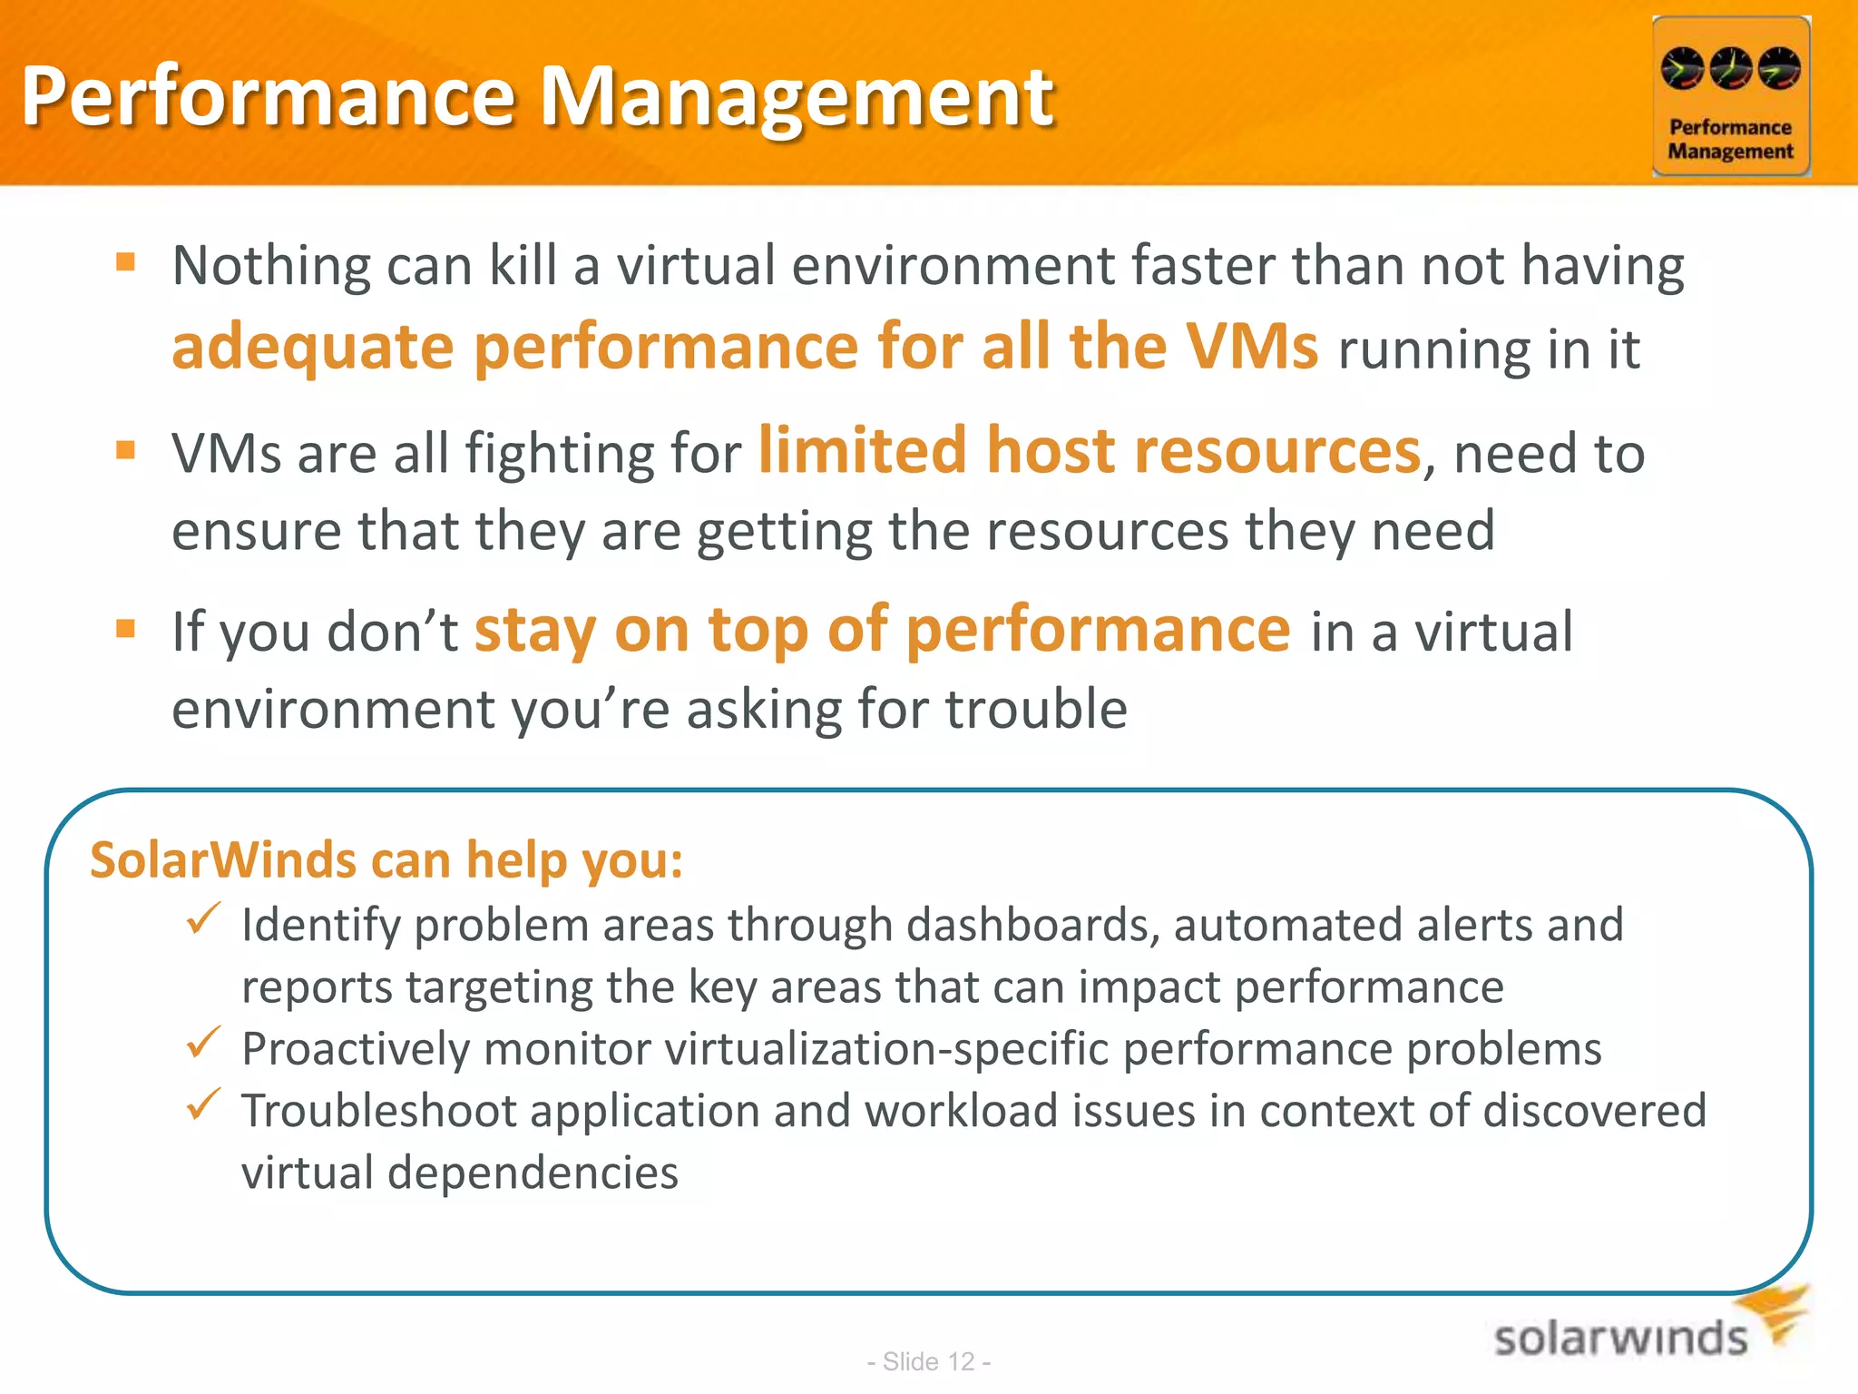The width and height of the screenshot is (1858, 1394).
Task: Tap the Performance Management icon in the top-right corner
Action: click(1730, 96)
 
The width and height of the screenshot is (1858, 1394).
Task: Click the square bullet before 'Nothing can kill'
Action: click(126, 263)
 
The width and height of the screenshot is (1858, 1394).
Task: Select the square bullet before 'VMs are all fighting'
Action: click(126, 450)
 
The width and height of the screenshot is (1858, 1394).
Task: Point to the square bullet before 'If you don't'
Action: click(126, 628)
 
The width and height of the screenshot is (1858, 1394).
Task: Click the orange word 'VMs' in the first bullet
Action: click(1252, 347)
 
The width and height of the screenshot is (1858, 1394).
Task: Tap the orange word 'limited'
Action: click(862, 450)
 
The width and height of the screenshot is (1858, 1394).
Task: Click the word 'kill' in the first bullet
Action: click(523, 266)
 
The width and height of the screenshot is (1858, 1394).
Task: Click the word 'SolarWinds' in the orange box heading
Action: click(223, 860)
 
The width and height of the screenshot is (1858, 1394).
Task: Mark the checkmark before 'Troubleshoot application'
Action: click(203, 1104)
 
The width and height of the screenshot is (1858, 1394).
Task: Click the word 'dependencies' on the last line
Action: click(533, 1173)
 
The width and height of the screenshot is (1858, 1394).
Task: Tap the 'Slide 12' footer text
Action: click(928, 1361)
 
